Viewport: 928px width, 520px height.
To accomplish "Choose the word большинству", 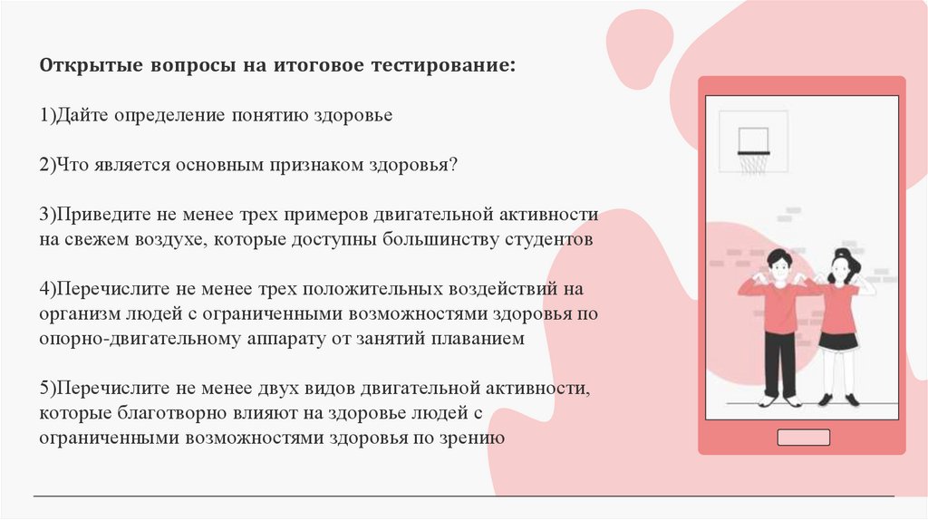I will [x=428, y=240].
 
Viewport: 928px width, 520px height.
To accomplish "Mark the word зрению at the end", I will [x=474, y=438].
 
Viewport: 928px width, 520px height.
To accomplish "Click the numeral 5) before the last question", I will [x=48, y=389].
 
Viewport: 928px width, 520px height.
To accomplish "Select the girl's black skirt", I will [x=838, y=342].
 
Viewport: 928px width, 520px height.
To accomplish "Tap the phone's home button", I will [x=803, y=438].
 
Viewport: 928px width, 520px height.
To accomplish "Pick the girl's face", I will [x=840, y=269].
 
